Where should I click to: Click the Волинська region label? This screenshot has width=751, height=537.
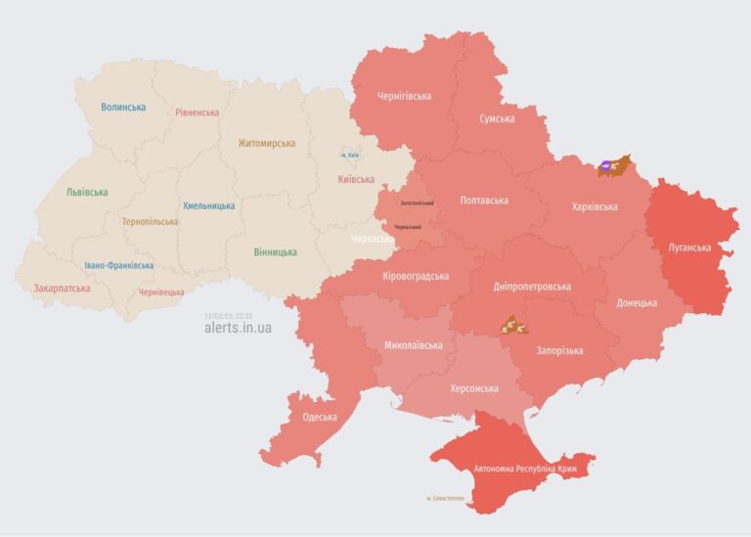coord(123,107)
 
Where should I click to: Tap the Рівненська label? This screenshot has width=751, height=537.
coord(198,112)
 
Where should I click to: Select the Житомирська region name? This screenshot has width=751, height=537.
coord(266,144)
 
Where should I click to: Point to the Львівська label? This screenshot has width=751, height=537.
coord(87,193)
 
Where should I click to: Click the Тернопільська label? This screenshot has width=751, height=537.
coord(150,222)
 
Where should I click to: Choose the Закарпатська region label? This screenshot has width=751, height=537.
coord(62,289)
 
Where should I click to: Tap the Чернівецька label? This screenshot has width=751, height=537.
coord(161,292)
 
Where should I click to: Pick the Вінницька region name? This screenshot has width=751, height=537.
coord(275,252)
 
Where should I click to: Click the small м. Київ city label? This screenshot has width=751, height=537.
coord(350,155)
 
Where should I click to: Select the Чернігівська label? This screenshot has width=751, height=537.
coord(404,97)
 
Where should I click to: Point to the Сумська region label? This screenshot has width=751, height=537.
coord(497,118)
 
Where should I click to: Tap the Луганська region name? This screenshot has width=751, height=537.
coord(689,247)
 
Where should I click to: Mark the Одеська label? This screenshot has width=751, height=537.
coord(320,418)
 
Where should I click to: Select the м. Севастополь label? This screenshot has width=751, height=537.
coord(446,498)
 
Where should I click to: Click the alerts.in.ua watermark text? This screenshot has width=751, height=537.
coord(238,328)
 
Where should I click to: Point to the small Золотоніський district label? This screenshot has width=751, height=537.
coord(418,202)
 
